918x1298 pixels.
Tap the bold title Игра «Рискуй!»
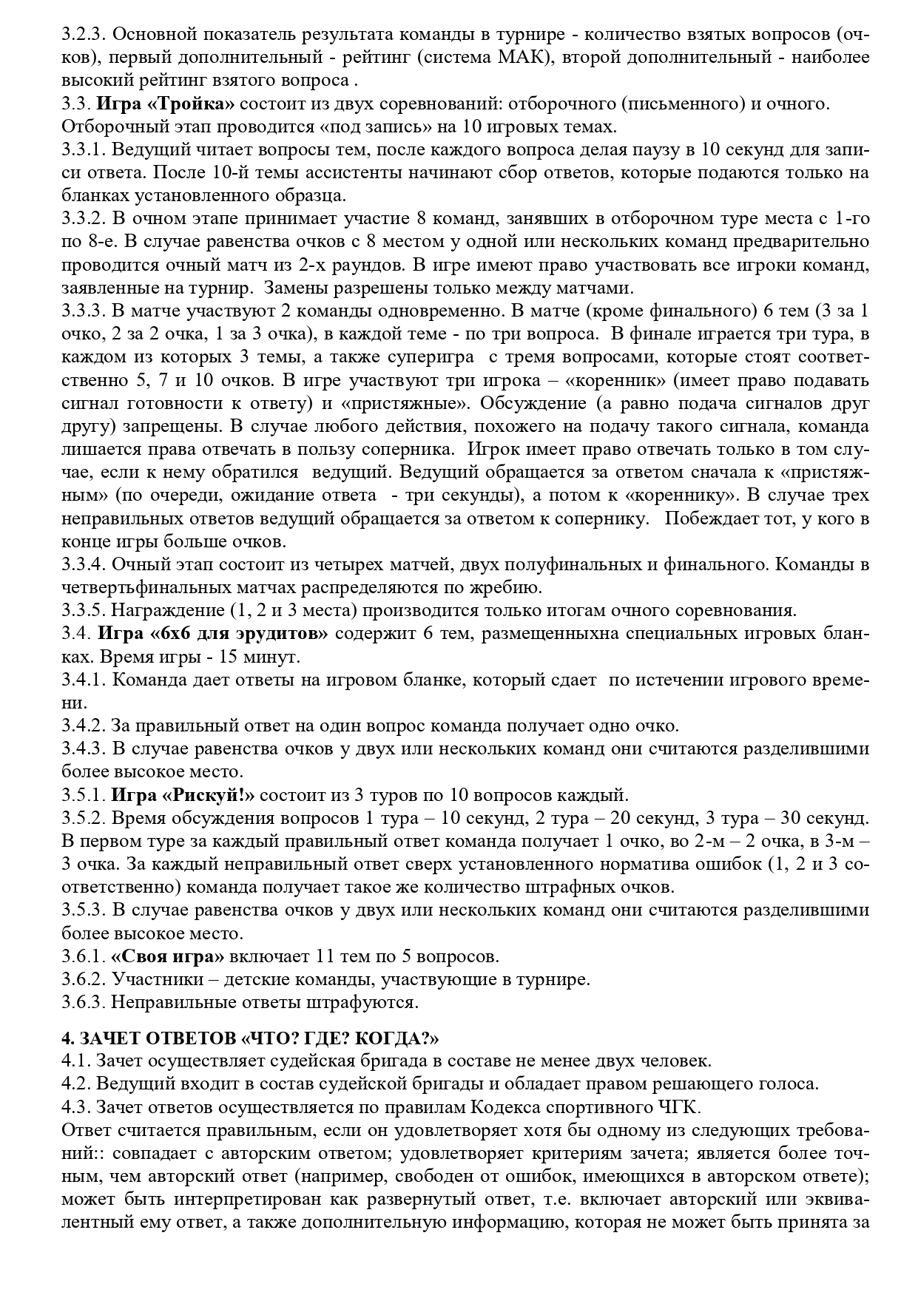(x=183, y=796)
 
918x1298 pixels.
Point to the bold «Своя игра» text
(x=168, y=956)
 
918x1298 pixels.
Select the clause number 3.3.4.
(x=84, y=565)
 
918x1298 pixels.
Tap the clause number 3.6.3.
(x=84, y=1003)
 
